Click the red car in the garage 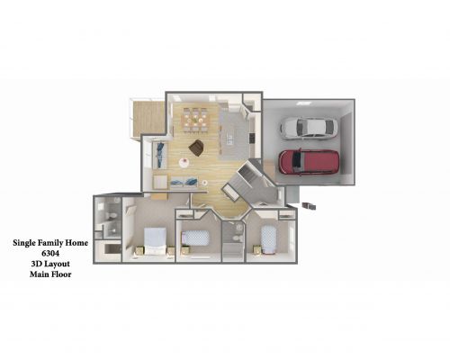click(309, 162)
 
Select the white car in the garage click(309, 128)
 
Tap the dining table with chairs click(195, 120)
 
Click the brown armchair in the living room click(196, 148)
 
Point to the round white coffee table click(184, 163)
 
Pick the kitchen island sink click(230, 139)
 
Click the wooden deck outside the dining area click(148, 118)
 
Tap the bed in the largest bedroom click(155, 241)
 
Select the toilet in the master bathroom click(111, 215)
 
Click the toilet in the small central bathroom click(237, 238)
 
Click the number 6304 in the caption click(50, 254)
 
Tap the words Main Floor click(50, 274)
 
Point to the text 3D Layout click(50, 264)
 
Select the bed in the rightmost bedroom click(268, 239)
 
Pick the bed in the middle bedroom click(195, 238)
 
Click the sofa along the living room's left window click(160, 155)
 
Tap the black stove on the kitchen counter click(252, 139)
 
